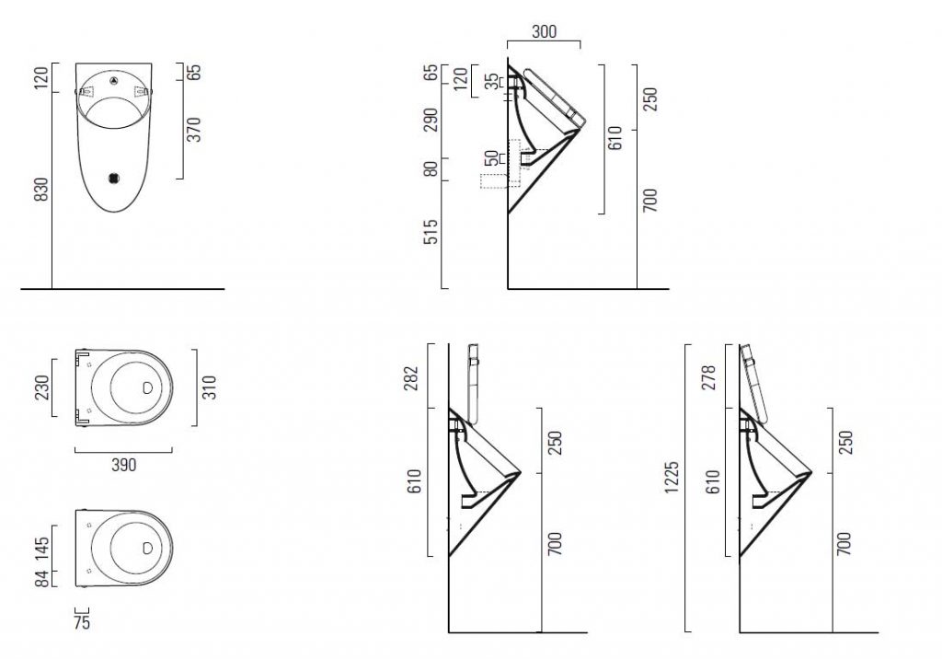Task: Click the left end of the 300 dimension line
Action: (508, 41)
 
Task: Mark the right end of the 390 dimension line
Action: (172, 450)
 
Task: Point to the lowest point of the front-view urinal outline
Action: (115, 213)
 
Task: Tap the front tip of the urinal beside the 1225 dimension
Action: (812, 473)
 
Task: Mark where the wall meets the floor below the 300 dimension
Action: (508, 289)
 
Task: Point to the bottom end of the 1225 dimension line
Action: (686, 632)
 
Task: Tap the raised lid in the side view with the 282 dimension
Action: (473, 384)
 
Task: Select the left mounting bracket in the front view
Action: (87, 92)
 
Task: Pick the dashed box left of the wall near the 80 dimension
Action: (493, 181)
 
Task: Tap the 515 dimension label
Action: (431, 232)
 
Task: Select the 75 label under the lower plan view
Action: (82, 623)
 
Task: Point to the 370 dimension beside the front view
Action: (193, 130)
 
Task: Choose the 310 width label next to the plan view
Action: (209, 387)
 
